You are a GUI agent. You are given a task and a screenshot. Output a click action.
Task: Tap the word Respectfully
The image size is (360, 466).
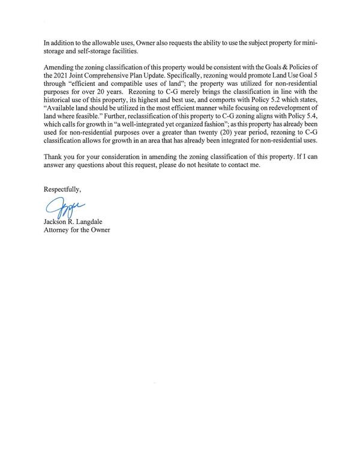(61, 190)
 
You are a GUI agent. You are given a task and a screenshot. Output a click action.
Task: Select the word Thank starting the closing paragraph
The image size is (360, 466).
(52, 156)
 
